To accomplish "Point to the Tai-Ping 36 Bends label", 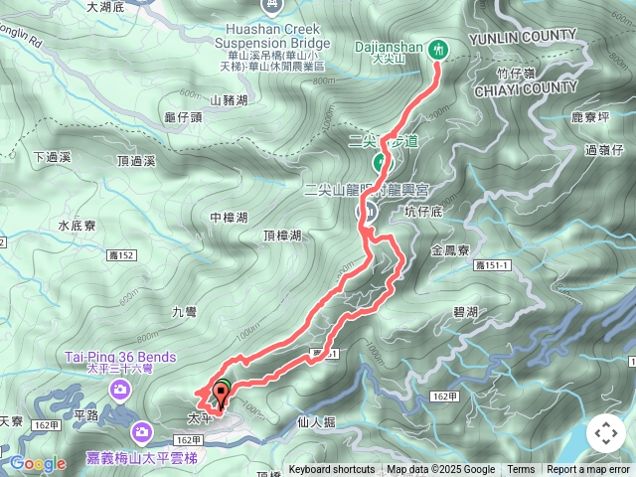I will click(121, 358).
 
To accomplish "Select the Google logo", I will click(38, 463).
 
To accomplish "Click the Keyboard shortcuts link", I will click(332, 470).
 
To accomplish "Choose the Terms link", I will click(521, 470).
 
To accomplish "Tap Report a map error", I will click(588, 470).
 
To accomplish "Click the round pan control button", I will click(605, 433).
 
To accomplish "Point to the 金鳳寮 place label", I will click(452, 251).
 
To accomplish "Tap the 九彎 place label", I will click(185, 312).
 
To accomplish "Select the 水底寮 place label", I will click(77, 226).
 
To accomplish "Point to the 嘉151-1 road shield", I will click(493, 264).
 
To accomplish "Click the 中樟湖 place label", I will click(229, 217).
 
